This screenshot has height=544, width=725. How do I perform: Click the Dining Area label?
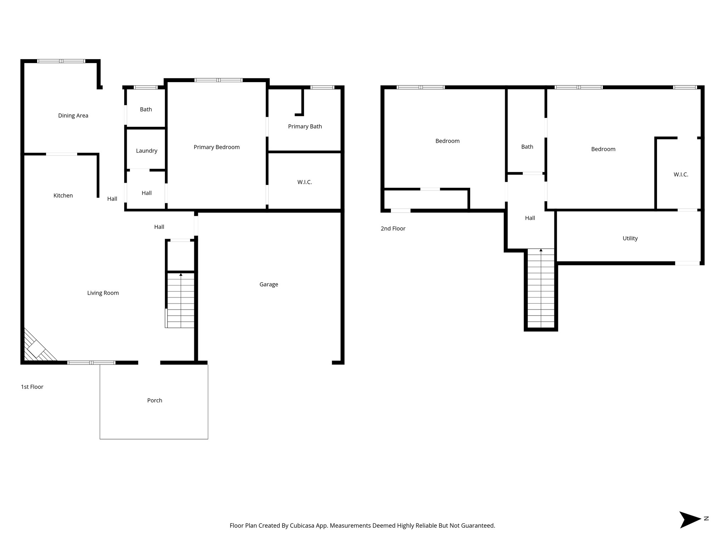click(x=73, y=115)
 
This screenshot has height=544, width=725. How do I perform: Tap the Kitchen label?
click(x=63, y=195)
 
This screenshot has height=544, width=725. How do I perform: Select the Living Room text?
click(x=103, y=293)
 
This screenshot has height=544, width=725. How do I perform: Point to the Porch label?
click(x=155, y=401)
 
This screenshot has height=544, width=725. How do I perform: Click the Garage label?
click(x=269, y=284)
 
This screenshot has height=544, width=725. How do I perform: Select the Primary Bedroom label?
click(x=217, y=147)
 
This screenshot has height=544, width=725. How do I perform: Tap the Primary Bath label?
click(x=305, y=126)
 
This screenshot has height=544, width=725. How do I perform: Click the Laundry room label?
click(x=147, y=151)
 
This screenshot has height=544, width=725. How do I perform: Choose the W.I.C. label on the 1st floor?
click(x=304, y=182)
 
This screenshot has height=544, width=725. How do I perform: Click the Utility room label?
click(x=630, y=238)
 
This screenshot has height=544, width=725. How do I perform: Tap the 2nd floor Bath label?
click(x=527, y=147)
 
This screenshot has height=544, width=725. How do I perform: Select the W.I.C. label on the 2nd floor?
click(x=681, y=175)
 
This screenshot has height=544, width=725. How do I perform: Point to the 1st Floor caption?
click(x=32, y=387)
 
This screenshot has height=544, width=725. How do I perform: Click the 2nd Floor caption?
click(x=393, y=228)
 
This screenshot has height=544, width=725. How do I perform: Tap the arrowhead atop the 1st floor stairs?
click(x=181, y=274)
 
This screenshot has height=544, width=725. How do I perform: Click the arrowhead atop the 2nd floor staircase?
click(x=541, y=250)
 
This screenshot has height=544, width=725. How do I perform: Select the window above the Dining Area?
click(x=62, y=61)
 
